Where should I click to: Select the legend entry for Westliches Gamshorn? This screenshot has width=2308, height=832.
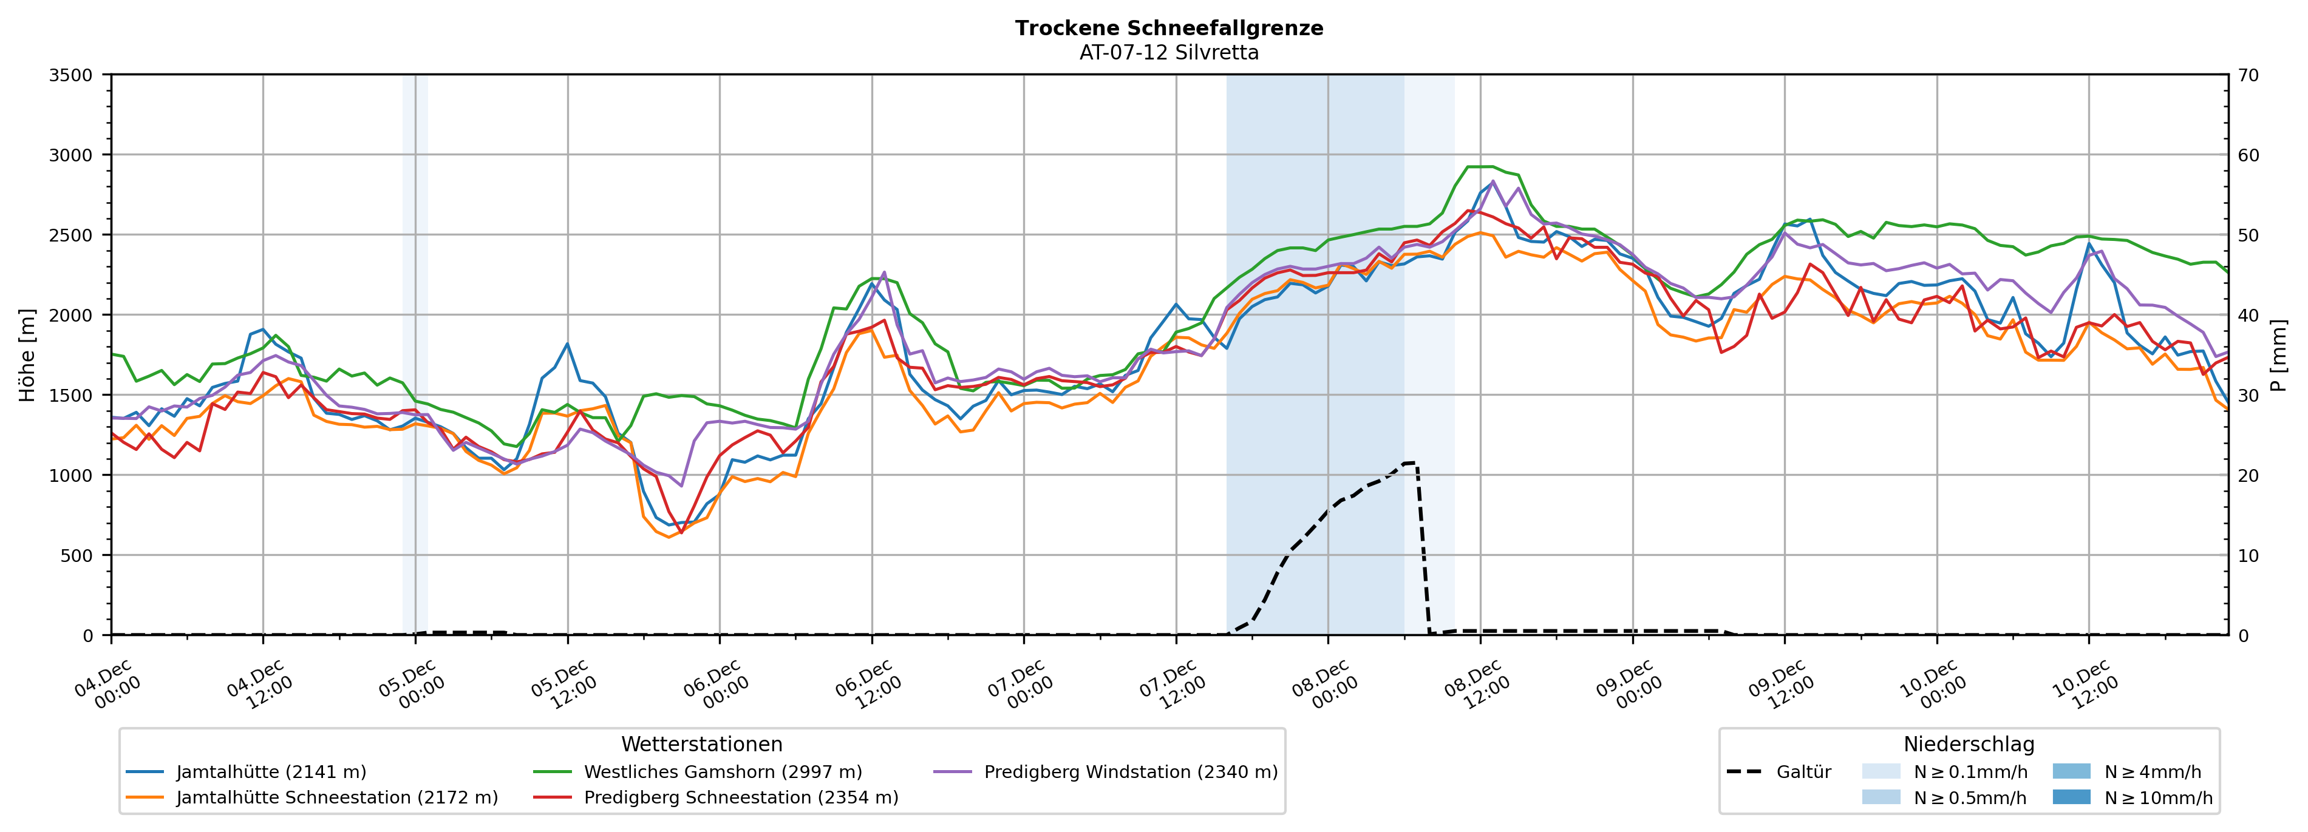click(x=722, y=772)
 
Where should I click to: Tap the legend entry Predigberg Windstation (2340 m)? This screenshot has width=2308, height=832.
click(x=1130, y=772)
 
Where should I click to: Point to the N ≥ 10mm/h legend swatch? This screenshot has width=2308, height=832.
click(x=2071, y=797)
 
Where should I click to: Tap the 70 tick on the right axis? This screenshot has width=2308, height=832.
click(x=2249, y=75)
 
